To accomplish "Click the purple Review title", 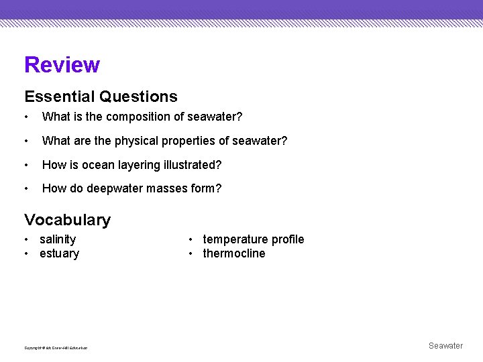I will pos(62,65).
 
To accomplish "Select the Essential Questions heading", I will pos(101,97).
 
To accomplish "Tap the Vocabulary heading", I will pos(67,220).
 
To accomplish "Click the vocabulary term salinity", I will pos(58,239).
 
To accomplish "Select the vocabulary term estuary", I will pos(59,253).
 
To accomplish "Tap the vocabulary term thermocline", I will pos(234,253).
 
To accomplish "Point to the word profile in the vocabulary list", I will pos(288,239).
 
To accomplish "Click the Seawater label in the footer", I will pos(445,346).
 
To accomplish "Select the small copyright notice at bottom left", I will pos(56,347).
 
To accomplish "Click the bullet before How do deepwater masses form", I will pos(26,189).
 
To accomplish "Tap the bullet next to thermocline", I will pos(191,253).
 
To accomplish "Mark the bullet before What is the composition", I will pos(26,117).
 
